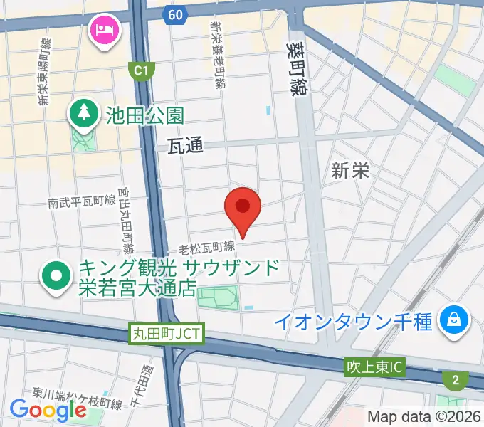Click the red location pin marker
(x=243, y=209)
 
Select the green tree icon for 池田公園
(x=84, y=113)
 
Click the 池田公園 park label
(x=145, y=114)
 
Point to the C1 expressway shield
(x=141, y=70)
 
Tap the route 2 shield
(x=455, y=380)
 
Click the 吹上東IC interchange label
(x=374, y=368)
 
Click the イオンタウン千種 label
(x=354, y=321)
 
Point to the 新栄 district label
(x=349, y=170)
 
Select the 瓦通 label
(x=186, y=146)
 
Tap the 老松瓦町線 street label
(x=207, y=247)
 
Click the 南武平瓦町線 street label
(x=82, y=202)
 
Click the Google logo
(x=48, y=409)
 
